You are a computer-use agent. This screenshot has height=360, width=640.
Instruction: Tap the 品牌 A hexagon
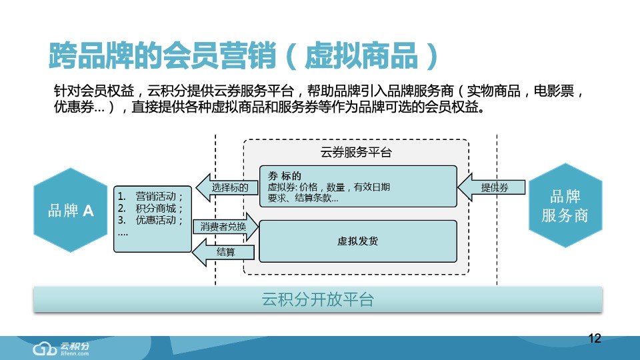tap(70, 211)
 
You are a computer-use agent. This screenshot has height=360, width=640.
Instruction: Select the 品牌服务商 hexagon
tap(565, 206)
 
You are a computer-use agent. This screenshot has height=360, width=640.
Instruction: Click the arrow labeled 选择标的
tap(227, 188)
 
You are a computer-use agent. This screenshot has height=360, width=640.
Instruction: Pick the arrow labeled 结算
tap(225, 251)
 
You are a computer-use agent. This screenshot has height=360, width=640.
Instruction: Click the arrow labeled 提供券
tap(491, 188)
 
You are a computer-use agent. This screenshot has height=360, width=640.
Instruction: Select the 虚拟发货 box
tap(357, 241)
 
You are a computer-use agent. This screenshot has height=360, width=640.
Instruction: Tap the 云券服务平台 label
tap(356, 152)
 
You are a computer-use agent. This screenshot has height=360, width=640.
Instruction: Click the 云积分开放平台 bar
tap(318, 299)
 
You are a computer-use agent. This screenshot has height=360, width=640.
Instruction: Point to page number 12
tap(595, 339)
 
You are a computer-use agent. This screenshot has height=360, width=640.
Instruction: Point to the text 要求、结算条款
tap(303, 198)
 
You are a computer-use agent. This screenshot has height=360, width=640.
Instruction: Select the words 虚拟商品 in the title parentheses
tap(361, 57)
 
